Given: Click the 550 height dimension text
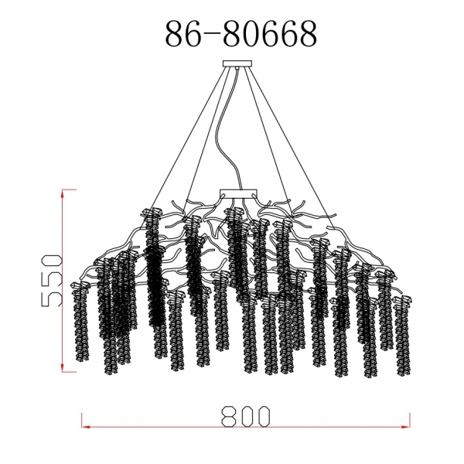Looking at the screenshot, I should [x=46, y=279].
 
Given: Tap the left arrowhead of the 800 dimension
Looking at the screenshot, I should [x=87, y=425].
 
